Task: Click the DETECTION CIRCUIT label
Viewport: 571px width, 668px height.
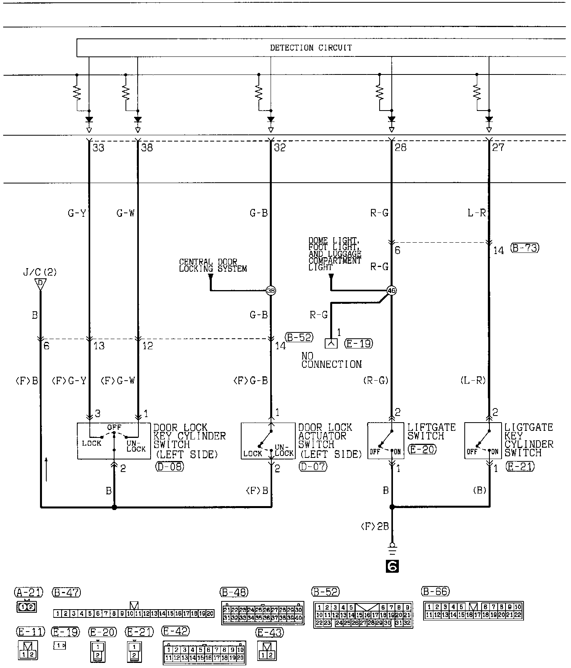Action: coord(311,48)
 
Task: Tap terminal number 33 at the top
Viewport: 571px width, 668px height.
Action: coord(98,148)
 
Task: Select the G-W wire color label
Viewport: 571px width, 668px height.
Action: coord(125,213)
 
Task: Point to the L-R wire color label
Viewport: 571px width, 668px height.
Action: coord(476,213)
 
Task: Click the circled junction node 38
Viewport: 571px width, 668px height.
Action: coord(271,290)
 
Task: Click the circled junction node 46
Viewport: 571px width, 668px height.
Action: coord(391,290)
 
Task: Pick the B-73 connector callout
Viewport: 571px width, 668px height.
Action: coord(525,248)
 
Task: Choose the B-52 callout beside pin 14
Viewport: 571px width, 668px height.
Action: coord(299,337)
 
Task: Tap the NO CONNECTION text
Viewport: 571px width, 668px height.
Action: coord(331,360)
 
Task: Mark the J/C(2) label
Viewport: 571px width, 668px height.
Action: coord(40,272)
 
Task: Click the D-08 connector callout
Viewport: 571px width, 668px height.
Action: coord(169,467)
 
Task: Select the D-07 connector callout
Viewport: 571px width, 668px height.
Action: coord(313,467)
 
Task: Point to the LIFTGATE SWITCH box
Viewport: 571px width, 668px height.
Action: coord(385,441)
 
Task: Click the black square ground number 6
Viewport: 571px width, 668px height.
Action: coord(392,566)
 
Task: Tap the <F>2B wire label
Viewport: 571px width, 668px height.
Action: coord(375,526)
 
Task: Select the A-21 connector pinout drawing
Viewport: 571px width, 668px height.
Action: coord(26,607)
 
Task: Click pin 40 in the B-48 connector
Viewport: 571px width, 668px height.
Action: coord(299,618)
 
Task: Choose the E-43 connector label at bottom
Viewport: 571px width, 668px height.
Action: coord(269,632)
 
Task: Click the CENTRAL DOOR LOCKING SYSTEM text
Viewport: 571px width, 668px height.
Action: coord(213,265)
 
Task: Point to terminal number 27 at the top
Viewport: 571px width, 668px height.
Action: coord(498,148)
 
